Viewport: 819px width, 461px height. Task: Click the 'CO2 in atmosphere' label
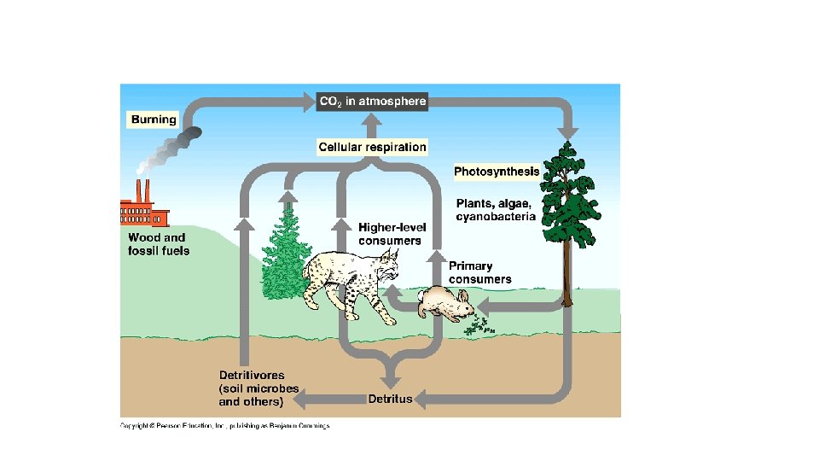(x=371, y=102)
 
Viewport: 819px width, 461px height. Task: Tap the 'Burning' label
(x=154, y=120)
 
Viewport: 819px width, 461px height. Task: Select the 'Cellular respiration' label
(x=372, y=148)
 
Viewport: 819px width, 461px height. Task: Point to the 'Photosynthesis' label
(x=496, y=172)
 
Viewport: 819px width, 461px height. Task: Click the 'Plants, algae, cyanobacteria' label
(x=495, y=210)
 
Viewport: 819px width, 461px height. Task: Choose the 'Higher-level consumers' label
(x=390, y=234)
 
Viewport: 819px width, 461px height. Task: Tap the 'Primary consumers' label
(x=479, y=272)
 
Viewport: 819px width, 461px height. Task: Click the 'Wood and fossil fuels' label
(x=159, y=244)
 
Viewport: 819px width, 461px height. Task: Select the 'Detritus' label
(x=390, y=399)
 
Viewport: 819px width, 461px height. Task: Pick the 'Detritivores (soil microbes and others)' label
(x=258, y=388)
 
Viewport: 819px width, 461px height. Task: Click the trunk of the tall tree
(x=566, y=273)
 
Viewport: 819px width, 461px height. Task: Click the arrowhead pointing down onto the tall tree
(x=568, y=132)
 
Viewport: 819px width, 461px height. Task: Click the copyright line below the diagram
(x=224, y=425)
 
